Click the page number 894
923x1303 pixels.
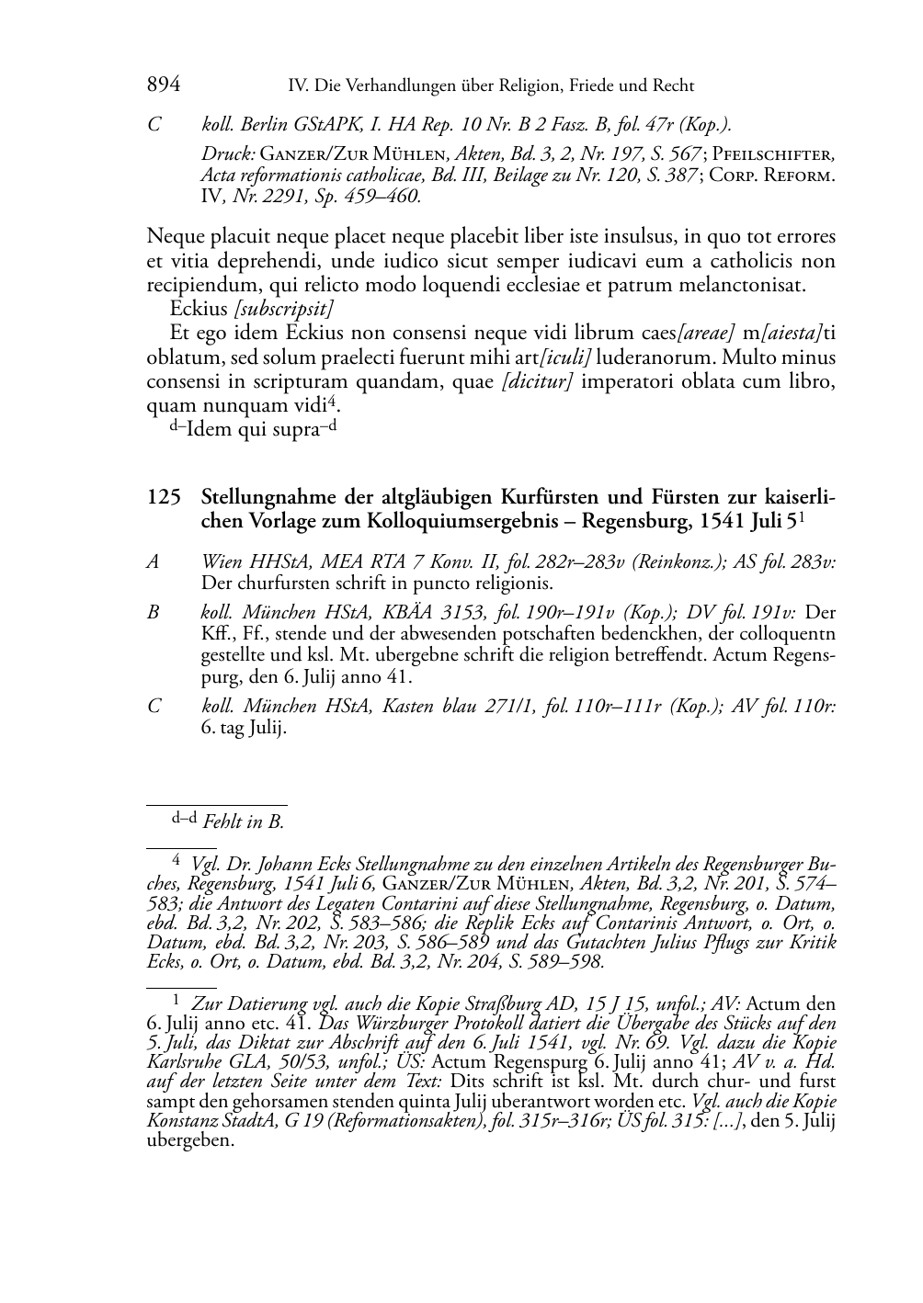click(x=163, y=85)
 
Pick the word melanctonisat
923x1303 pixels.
click(x=745, y=285)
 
